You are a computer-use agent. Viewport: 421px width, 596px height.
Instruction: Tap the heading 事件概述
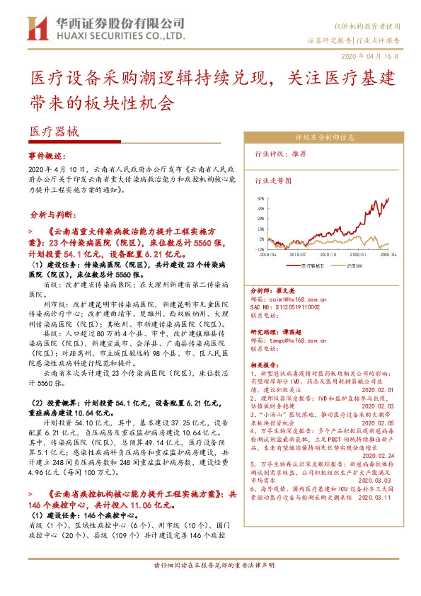click(46, 154)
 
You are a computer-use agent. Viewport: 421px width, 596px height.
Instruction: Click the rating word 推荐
click(299, 153)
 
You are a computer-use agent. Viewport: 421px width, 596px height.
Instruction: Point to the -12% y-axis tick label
click(260, 249)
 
